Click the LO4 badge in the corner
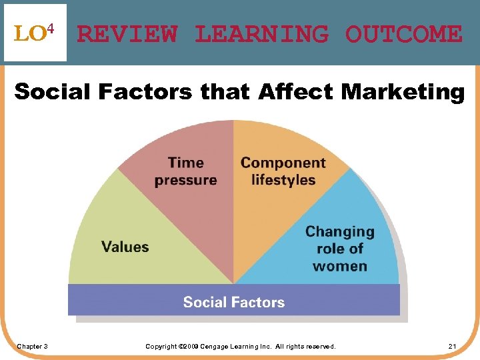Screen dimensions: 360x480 coord(35,33)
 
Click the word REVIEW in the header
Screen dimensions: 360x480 coord(127,33)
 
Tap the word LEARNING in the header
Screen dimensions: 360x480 coord(261,33)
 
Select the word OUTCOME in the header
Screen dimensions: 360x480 coord(403,33)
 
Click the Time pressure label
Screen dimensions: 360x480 coord(185,171)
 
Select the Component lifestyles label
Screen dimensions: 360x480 coord(283,171)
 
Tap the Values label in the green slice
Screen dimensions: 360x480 coord(125,247)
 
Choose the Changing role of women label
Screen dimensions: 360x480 coord(340,249)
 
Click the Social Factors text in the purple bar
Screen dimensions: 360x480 coord(234,302)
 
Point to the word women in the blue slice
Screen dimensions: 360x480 coord(340,266)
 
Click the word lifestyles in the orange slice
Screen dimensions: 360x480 coord(283,180)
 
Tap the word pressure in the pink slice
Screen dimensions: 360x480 coord(185,180)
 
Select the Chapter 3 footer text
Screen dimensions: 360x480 coord(32,346)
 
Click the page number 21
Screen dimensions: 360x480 coord(452,346)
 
